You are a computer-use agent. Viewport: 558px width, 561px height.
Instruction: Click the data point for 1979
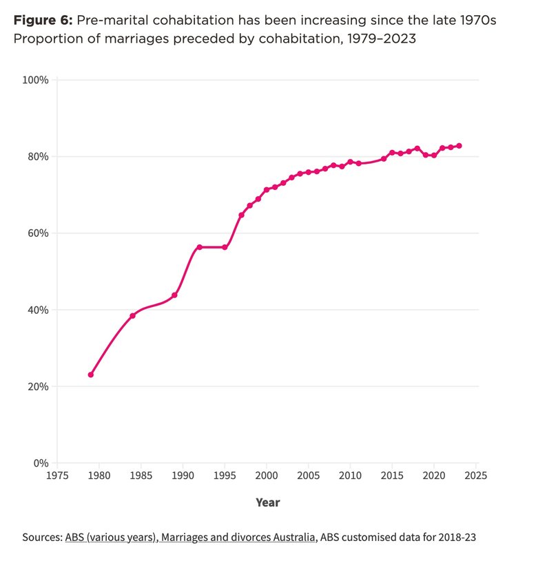point(91,374)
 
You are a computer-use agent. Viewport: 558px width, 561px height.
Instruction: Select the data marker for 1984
point(132,315)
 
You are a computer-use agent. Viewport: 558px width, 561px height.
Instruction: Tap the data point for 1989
point(174,295)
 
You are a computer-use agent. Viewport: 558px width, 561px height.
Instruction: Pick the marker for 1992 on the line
point(199,247)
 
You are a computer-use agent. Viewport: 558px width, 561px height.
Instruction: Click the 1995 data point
point(225,247)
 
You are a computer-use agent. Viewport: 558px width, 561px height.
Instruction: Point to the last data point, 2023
point(459,146)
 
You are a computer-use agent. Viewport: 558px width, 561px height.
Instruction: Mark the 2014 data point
point(384,159)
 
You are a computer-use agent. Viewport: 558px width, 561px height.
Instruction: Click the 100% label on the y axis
point(35,80)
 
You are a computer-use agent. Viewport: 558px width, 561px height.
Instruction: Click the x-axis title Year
point(267,502)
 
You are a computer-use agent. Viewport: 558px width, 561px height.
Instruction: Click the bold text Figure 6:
point(45,20)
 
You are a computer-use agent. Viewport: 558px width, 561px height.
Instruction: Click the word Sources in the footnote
point(42,537)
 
